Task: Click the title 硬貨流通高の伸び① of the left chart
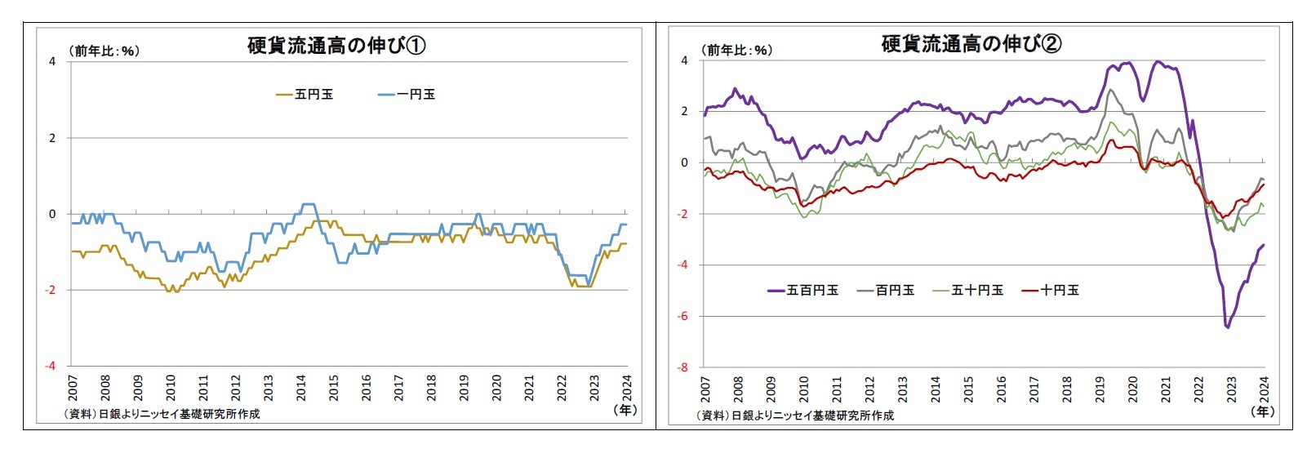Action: coord(336,46)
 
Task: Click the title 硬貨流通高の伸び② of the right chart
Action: coord(971,44)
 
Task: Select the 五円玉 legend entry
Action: coord(305,95)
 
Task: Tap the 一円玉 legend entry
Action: coord(407,95)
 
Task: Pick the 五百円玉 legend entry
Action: coord(803,290)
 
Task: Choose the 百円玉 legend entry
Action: coord(886,290)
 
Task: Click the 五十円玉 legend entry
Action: coord(968,290)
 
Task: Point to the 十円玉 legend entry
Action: coord(1051,290)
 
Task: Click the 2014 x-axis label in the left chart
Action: coord(301,387)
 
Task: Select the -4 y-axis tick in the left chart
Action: coord(51,366)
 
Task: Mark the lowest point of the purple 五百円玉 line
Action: coord(1228,327)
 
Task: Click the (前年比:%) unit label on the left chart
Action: coord(103,51)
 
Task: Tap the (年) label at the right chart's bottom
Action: coord(1263,411)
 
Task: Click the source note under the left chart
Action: coord(162,414)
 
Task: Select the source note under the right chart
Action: coord(795,416)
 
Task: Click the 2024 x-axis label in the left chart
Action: coord(627,387)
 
